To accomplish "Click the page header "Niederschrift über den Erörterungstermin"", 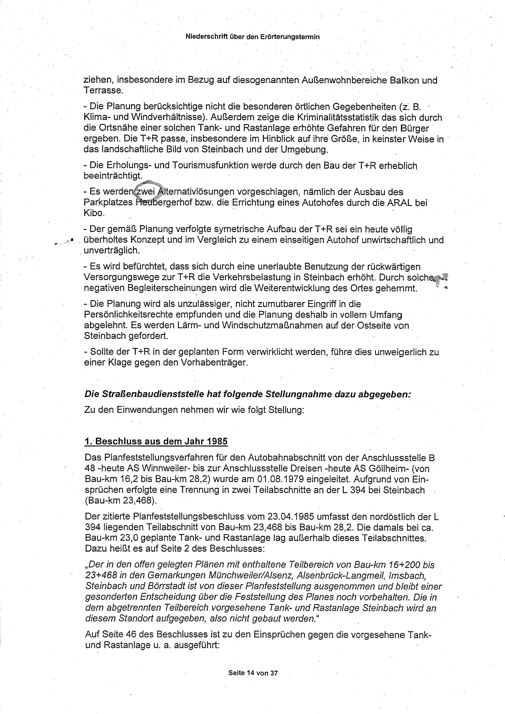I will click(253, 37).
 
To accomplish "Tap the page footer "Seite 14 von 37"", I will click(253, 673).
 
